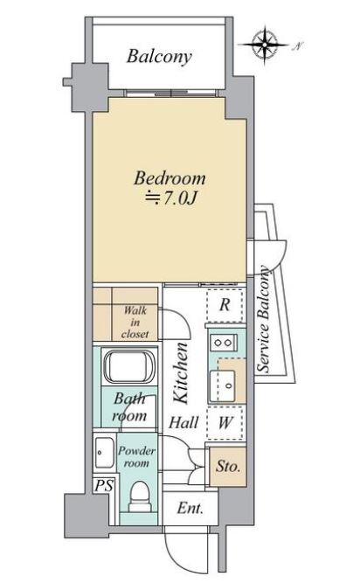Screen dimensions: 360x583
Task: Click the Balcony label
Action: tap(159, 57)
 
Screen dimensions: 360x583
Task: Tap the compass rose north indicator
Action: tap(265, 45)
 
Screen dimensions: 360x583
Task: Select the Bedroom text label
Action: tap(170, 178)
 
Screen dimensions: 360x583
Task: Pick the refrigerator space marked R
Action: tap(225, 305)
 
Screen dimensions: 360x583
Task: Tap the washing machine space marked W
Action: tap(225, 423)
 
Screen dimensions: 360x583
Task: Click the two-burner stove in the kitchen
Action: tap(224, 342)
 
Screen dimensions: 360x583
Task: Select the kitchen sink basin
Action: tap(223, 385)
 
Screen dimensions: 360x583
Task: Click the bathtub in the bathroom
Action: tap(129, 366)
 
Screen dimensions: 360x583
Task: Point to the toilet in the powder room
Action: tap(140, 496)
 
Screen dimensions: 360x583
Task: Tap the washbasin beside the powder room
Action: tap(104, 452)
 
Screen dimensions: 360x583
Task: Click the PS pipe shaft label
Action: tap(104, 486)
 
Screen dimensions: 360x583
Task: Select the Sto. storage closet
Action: tap(228, 466)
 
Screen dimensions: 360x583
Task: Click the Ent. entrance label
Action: tap(190, 508)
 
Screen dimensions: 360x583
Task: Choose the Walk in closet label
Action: tap(135, 322)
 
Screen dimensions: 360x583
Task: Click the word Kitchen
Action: tap(182, 373)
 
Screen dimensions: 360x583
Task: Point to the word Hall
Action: tap(183, 423)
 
